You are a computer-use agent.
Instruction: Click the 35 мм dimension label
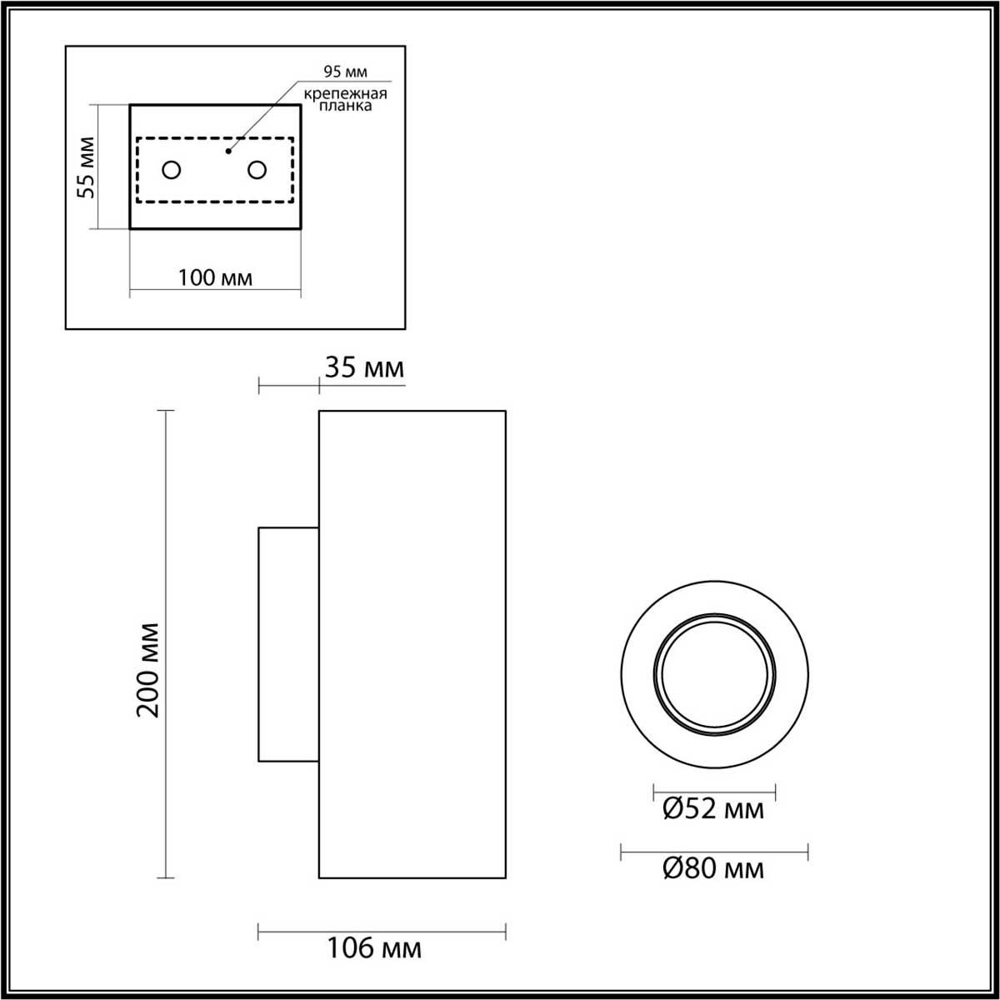pyautogui.click(x=364, y=367)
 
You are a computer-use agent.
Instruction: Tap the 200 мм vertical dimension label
pyautogui.click(x=148, y=669)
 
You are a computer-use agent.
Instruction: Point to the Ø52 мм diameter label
pyautogui.click(x=713, y=808)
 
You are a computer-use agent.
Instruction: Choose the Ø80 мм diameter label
pyautogui.click(x=713, y=869)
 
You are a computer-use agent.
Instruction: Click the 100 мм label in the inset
pyautogui.click(x=215, y=277)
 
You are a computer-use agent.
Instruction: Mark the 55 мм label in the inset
pyautogui.click(x=86, y=167)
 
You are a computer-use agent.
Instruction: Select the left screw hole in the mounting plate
pyautogui.click(x=172, y=170)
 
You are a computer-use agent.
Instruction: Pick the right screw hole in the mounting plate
pyautogui.click(x=257, y=170)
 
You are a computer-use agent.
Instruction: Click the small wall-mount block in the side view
pyautogui.click(x=288, y=644)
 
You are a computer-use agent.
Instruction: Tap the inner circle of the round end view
pyautogui.click(x=714, y=673)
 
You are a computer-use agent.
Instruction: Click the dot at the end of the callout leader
pyautogui.click(x=227, y=152)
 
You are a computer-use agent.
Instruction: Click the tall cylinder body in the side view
pyautogui.click(x=412, y=644)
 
